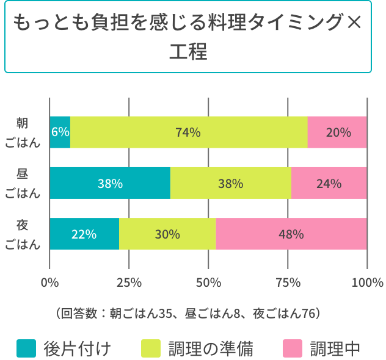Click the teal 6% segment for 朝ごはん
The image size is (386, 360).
tap(60, 132)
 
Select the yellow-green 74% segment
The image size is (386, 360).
tap(188, 132)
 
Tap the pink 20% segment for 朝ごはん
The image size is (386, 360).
tap(337, 132)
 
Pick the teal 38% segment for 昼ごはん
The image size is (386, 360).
tap(110, 183)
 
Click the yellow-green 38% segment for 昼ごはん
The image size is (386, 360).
tap(231, 183)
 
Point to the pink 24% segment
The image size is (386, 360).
tap(329, 183)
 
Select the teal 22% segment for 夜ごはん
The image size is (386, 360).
tap(84, 234)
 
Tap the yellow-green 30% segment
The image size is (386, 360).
tap(167, 234)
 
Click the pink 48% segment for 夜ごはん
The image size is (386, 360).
tap(291, 234)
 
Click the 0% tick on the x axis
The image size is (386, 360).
tap(49, 283)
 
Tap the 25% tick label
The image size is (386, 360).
tap(129, 283)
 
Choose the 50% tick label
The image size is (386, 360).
tap(208, 283)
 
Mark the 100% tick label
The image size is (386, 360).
tap(367, 283)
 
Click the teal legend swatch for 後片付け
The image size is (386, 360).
tap(26, 348)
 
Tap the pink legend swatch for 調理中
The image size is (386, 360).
tap(293, 348)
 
